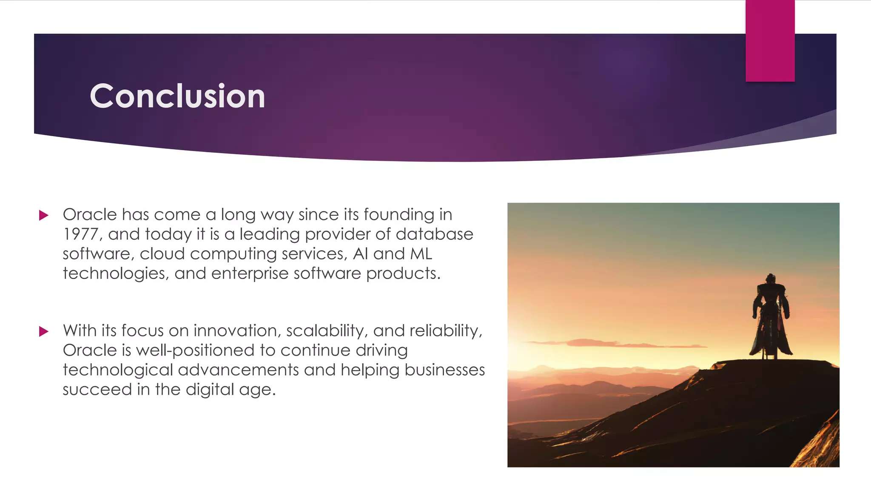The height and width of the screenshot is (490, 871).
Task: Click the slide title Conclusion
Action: pos(177,96)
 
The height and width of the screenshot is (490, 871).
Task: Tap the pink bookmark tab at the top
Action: pos(770,41)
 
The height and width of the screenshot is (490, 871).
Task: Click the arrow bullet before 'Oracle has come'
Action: pos(43,215)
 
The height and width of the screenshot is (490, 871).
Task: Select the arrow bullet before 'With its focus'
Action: pos(43,331)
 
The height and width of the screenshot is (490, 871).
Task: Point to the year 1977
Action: pos(80,234)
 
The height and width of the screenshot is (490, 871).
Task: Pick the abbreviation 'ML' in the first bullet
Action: pos(421,254)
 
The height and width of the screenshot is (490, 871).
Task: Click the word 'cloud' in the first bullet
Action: pos(162,254)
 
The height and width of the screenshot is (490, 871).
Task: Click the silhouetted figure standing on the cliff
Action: pos(771,317)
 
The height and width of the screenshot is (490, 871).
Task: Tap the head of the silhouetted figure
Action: pos(771,279)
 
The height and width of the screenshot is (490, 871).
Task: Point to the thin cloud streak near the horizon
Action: pos(595,343)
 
